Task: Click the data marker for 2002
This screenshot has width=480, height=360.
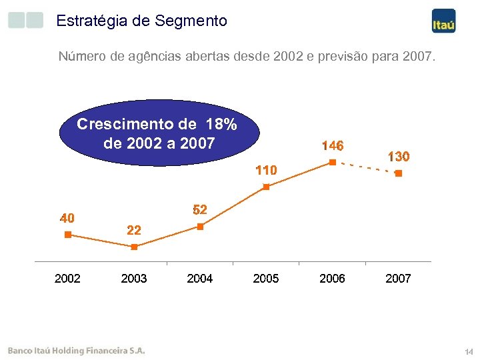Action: (67, 235)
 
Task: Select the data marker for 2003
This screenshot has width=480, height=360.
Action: (134, 247)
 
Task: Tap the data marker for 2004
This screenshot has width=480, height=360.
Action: (200, 227)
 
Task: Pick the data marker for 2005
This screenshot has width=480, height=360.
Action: (266, 187)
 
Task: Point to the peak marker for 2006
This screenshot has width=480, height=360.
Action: (332, 162)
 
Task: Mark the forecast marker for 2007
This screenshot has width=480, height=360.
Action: (398, 173)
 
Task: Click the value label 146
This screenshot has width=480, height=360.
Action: (332, 145)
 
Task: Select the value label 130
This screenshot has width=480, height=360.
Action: (398, 157)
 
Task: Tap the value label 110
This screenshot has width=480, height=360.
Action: (266, 171)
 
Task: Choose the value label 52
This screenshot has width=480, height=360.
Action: (200, 210)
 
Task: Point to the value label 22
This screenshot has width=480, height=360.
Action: (134, 231)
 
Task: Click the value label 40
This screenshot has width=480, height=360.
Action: (67, 218)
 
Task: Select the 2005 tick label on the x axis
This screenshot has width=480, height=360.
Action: (266, 279)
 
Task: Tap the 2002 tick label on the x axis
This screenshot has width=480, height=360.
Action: (67, 279)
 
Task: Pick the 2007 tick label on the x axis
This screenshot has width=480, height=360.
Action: (398, 279)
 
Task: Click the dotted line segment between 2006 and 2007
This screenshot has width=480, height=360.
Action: (365, 168)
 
